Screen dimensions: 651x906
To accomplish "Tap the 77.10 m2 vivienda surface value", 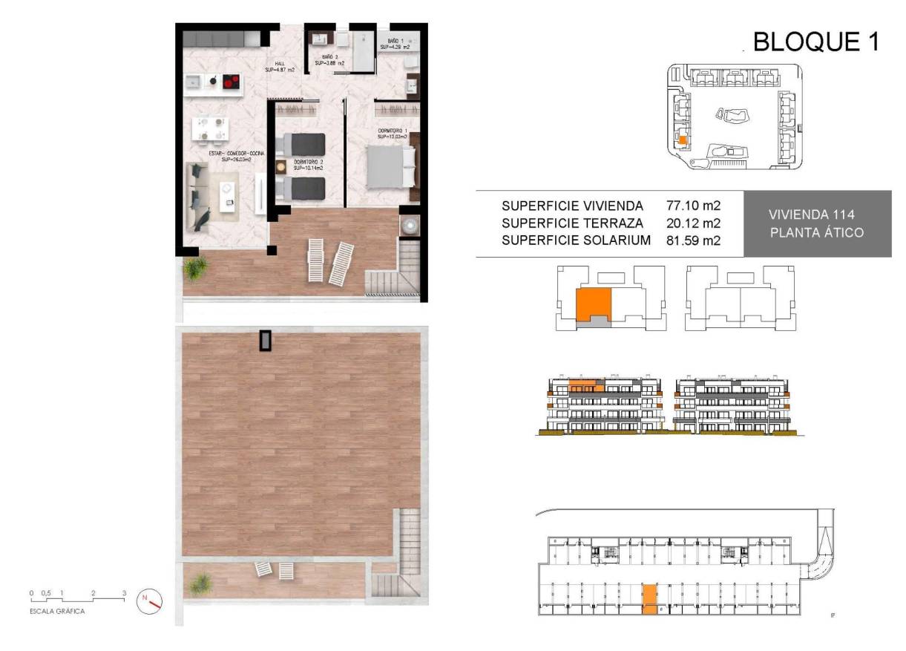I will tap(694, 206).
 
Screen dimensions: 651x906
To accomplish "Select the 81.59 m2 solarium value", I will tap(694, 240).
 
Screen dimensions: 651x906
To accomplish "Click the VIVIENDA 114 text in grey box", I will tap(816, 214).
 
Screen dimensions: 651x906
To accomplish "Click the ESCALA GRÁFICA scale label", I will tap(56, 611).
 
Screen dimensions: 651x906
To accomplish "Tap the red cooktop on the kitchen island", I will tap(232, 81).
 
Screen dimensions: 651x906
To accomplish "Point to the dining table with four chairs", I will tap(209, 128).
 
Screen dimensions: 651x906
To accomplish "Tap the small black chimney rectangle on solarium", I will tap(266, 341).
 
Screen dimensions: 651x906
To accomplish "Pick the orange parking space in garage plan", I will tap(649, 598).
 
